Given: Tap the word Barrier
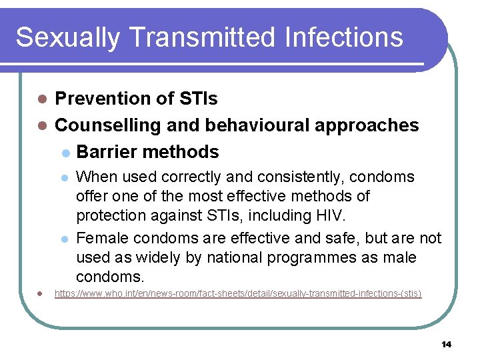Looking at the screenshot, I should pos(107,152).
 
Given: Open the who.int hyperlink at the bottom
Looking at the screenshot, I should pos(237,293).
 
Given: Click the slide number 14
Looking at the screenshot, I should pos(446,344).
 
